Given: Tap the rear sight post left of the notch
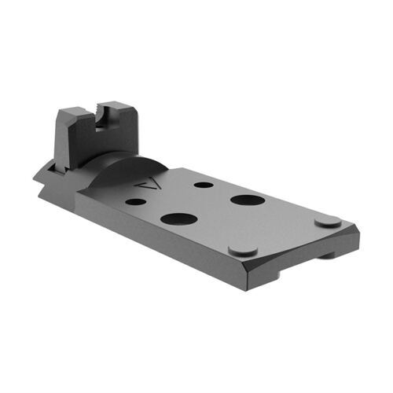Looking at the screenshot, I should click(x=82, y=117).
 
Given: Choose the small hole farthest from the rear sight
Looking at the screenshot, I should click(x=203, y=185).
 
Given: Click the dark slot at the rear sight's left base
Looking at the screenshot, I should click(x=49, y=165).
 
